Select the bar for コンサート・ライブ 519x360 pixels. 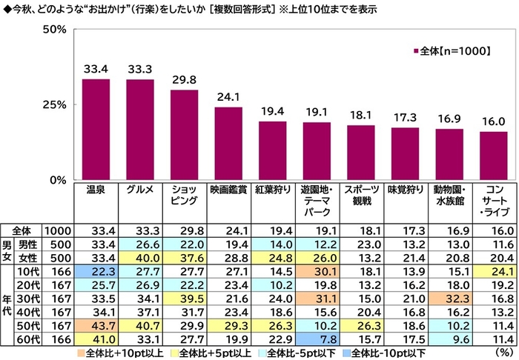[x=493, y=156]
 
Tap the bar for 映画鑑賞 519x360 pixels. [x=228, y=144]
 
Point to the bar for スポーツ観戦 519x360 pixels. [x=361, y=153]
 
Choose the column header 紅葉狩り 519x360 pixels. [x=272, y=190]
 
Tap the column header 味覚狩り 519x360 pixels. [x=405, y=190]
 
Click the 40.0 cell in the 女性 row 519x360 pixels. [x=139, y=257]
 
